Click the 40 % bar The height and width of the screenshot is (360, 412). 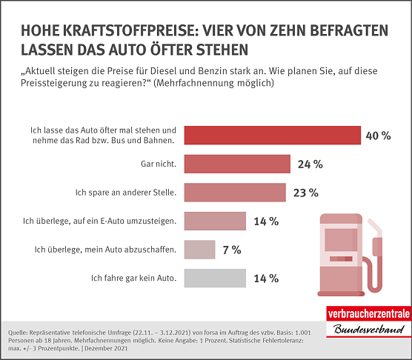pos(271,135)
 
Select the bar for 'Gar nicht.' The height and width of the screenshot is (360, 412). pos(236,164)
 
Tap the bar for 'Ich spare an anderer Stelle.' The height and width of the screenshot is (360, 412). pos(234,192)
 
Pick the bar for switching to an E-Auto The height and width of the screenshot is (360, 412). pos(214,221)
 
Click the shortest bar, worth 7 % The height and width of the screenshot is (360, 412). pos(199,249)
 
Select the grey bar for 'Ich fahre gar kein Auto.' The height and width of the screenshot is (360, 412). pos(214,278)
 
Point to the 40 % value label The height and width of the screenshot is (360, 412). pos(379,136)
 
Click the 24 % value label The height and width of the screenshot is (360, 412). pos(309,164)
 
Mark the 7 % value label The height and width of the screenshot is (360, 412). pos(231,250)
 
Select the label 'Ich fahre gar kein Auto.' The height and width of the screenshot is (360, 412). pos(133,278)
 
